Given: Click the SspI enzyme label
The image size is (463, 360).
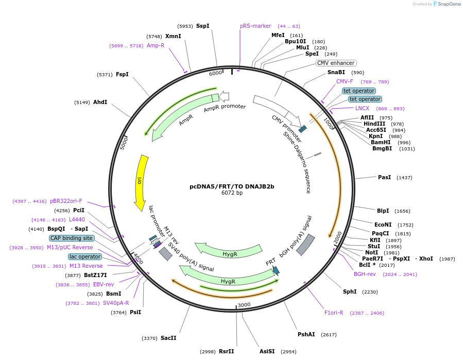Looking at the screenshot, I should (x=202, y=26).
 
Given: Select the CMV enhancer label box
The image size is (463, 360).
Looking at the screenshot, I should (x=336, y=63).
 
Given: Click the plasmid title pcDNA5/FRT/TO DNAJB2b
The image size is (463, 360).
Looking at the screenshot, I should (x=232, y=186).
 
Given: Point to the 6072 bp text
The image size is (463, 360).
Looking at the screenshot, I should (x=232, y=193).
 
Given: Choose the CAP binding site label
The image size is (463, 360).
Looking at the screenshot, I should (x=72, y=238).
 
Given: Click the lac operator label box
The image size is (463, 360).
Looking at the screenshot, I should (x=85, y=256).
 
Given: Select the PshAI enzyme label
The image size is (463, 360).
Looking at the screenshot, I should (x=306, y=334).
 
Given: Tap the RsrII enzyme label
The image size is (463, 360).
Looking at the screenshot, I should (x=226, y=351).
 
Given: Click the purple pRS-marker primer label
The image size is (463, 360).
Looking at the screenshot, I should (x=255, y=26).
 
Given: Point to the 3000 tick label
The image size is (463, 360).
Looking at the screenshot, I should (x=244, y=305).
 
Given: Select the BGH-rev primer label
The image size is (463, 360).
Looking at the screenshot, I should (x=365, y=275).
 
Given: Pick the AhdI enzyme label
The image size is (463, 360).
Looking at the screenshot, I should (x=100, y=102).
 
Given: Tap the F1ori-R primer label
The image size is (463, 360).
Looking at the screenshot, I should (x=334, y=313).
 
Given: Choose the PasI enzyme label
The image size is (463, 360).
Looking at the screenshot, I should (x=384, y=177).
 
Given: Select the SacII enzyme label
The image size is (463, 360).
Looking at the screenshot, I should (x=168, y=338).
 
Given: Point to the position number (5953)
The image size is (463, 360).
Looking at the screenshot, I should (x=185, y=26).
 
